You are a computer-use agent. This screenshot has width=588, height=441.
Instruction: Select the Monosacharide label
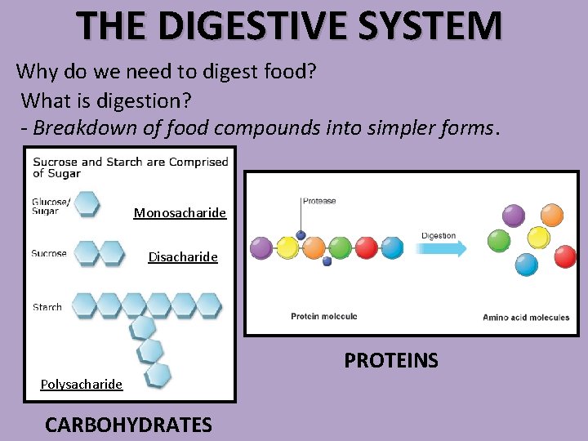point(180,213)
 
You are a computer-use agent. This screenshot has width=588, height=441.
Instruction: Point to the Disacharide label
point(183,257)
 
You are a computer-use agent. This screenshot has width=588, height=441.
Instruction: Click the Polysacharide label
point(82,384)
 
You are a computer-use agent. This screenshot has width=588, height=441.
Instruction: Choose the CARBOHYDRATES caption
point(128,425)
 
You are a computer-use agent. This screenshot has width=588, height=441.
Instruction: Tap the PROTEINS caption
point(391,360)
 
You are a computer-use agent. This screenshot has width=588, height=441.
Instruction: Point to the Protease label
point(319,201)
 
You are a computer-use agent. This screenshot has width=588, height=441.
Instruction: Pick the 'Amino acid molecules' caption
point(526,317)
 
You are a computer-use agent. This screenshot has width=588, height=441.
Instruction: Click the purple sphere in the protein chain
point(261,247)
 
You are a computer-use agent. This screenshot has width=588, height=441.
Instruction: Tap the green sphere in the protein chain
point(340,247)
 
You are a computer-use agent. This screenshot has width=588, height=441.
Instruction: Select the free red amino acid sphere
point(565,256)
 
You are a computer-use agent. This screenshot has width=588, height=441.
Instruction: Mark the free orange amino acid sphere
point(553,215)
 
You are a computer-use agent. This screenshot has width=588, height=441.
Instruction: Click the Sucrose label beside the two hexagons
point(49,253)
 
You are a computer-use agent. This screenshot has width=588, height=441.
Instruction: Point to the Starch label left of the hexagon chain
point(47,307)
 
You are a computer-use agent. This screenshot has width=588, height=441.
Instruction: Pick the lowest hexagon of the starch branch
point(158,375)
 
